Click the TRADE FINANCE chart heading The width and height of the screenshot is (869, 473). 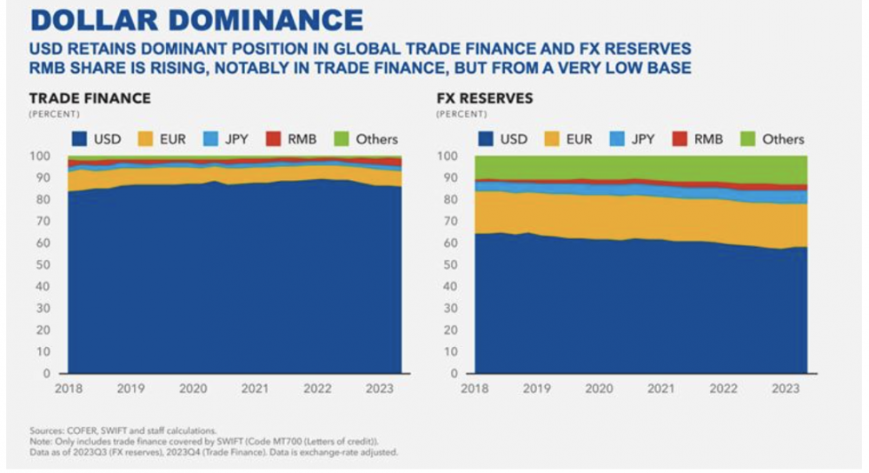coord(90,98)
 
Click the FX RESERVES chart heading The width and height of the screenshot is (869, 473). coord(484,98)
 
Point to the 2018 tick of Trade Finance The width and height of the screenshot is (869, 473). coord(69,388)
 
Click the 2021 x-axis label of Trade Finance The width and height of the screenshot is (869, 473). coord(255,388)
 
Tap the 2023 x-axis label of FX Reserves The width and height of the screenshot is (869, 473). coord(784,388)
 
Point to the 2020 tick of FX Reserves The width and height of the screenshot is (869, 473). coord(600,388)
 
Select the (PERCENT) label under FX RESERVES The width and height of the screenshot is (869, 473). coord(461,114)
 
